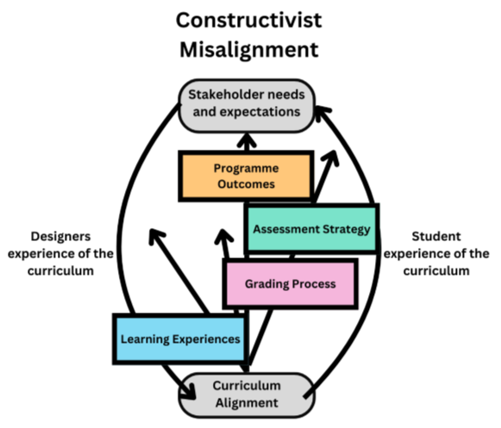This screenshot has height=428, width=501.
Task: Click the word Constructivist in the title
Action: pyautogui.click(x=248, y=20)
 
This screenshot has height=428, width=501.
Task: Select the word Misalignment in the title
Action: pyautogui.click(x=249, y=50)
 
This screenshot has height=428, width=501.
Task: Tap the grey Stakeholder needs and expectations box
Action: pyautogui.click(x=247, y=106)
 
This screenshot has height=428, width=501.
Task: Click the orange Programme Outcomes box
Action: pyautogui.click(x=246, y=177)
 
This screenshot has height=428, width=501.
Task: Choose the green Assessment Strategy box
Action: pyautogui.click(x=312, y=229)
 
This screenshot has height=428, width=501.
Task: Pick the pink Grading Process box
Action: pyautogui.click(x=290, y=283)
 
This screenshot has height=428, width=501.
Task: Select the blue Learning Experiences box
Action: pyautogui.click(x=180, y=338)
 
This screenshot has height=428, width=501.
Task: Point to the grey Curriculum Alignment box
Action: pyautogui.click(x=247, y=395)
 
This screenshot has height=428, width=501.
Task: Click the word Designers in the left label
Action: pyautogui.click(x=60, y=237)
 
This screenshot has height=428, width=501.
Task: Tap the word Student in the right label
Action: pyautogui.click(x=436, y=237)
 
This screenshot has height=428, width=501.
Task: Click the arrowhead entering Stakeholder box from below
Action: pyautogui.click(x=247, y=140)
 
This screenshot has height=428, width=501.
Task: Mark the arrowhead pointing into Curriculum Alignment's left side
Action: pyautogui.click(x=190, y=392)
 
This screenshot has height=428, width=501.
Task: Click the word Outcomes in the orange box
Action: pyautogui.click(x=246, y=184)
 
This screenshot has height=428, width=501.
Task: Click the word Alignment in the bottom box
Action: pyautogui.click(x=247, y=403)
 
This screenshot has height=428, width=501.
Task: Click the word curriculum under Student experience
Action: pyautogui.click(x=436, y=271)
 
